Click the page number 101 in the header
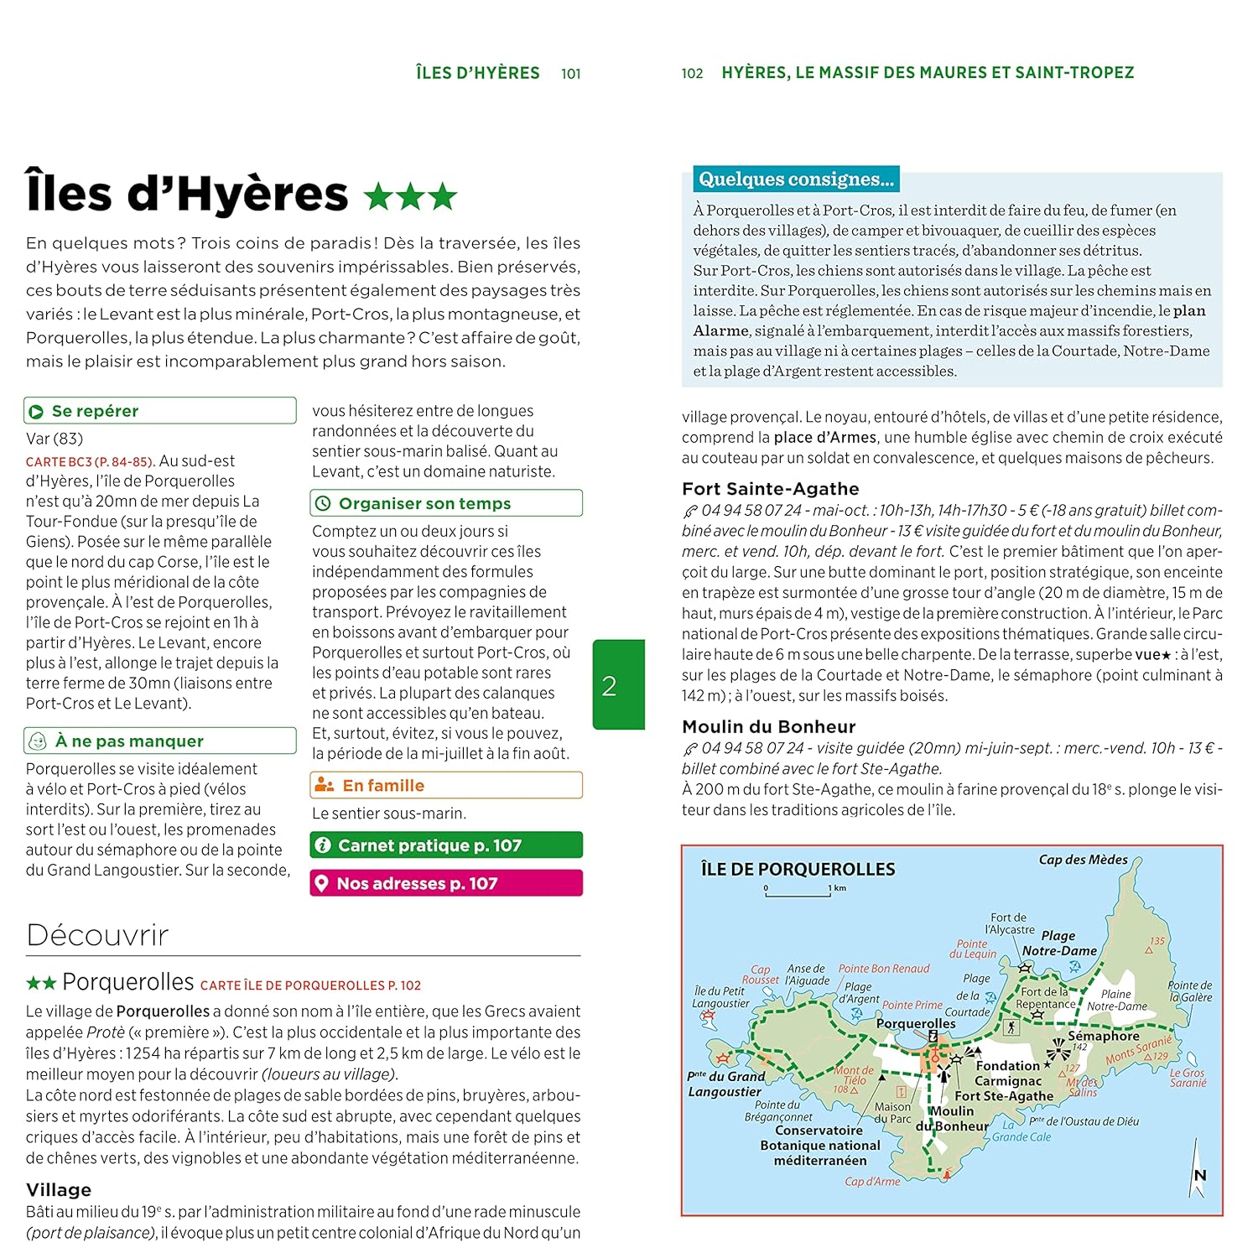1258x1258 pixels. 570,74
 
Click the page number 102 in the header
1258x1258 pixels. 692,74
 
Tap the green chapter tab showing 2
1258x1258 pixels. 618,684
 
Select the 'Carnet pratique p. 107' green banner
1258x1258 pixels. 445,845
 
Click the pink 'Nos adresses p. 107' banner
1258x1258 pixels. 445,883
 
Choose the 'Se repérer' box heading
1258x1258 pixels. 95,411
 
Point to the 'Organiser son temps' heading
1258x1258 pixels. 424,503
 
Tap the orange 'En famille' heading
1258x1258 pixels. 383,785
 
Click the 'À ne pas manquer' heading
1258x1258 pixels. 129,741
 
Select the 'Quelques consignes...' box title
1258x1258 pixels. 796,179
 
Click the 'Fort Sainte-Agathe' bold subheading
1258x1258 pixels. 770,489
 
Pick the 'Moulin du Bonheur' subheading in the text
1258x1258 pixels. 768,727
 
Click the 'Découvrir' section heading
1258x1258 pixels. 97,935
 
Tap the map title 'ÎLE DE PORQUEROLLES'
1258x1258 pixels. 798,870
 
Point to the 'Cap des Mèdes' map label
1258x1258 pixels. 1083,860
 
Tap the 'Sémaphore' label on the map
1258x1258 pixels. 1103,1036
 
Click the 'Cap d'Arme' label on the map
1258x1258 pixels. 872,1182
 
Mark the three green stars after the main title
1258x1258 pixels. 411,197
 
